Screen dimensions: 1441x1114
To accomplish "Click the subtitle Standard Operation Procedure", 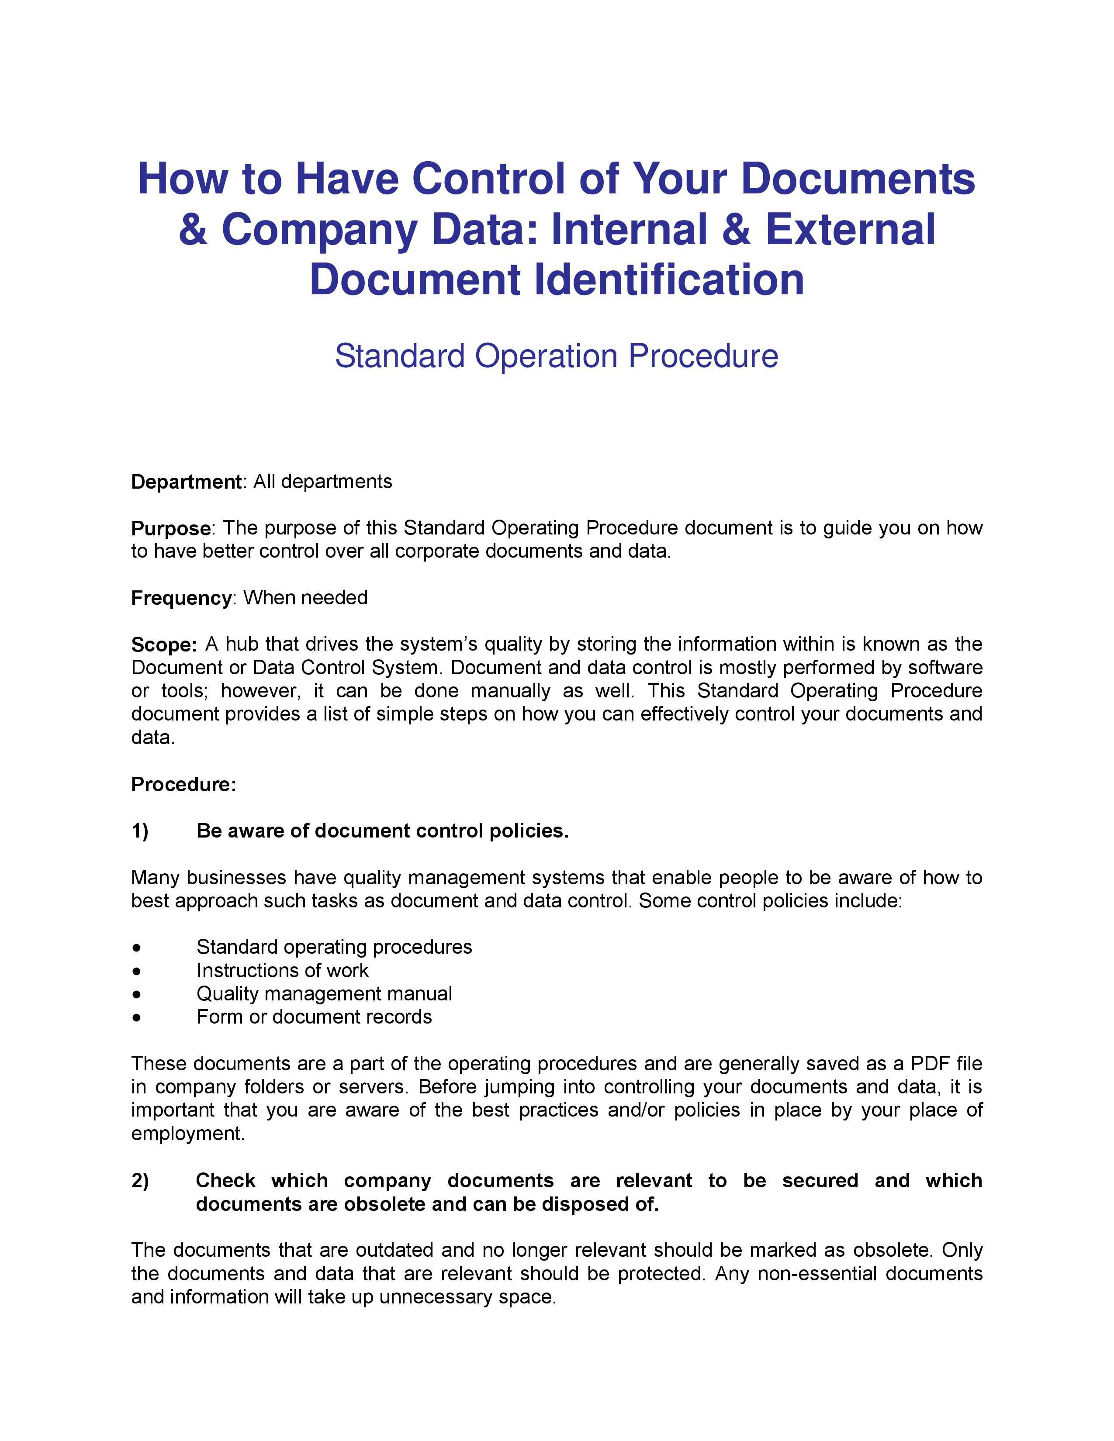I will click(x=556, y=356).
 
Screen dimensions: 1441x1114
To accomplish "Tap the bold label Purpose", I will click(x=170, y=528).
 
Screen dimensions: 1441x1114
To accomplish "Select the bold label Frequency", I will click(x=181, y=598).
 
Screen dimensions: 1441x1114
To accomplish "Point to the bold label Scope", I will click(x=164, y=645).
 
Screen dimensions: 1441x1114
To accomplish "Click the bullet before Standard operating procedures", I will click(x=137, y=948).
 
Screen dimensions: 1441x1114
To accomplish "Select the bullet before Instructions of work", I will click(x=137, y=971).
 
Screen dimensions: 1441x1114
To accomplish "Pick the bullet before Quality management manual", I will click(x=137, y=994).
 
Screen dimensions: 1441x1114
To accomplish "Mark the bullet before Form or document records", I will click(x=137, y=1017).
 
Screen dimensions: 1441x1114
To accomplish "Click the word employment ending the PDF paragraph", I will click(x=187, y=1134).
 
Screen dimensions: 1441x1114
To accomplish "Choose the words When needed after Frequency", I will click(x=305, y=598).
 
